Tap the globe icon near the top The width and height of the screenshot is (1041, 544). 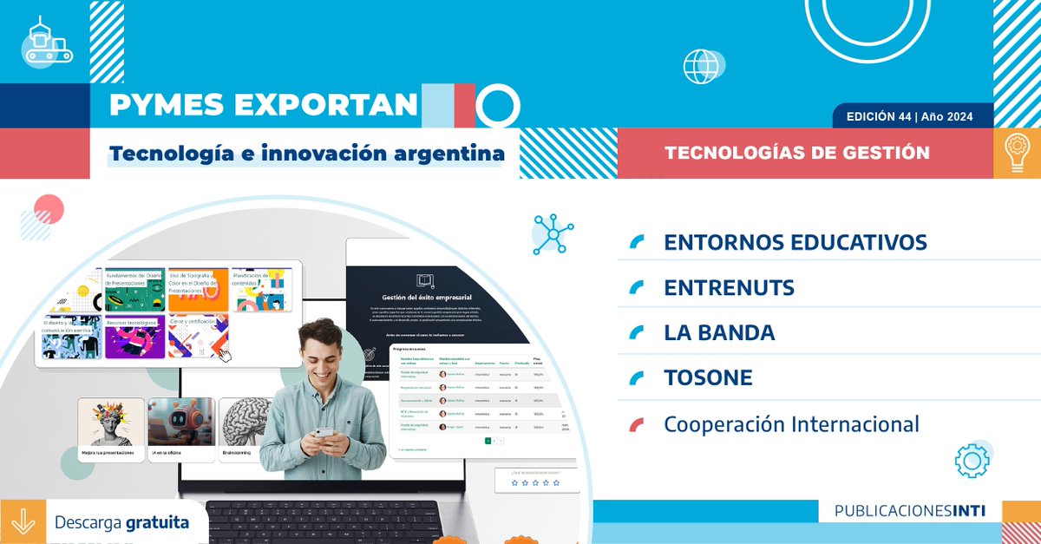701,66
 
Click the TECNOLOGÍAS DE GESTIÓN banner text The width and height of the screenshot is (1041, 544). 796,154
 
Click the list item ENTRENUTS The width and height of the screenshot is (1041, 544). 728,287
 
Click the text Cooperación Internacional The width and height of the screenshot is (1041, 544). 790,424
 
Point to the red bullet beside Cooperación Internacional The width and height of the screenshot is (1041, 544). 637,424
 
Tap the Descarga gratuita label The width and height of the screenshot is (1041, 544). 121,523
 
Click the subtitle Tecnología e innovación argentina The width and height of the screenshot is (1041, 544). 306,154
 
